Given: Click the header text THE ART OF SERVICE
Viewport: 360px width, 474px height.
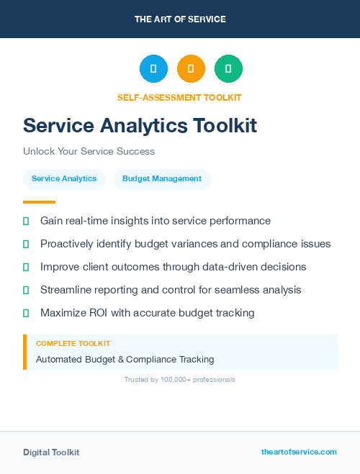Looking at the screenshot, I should click(180, 19).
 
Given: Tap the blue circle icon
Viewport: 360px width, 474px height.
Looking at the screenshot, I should click(153, 69).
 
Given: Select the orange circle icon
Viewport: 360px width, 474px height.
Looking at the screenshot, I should click(191, 69).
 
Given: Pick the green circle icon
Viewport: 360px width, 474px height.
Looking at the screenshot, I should click(228, 69).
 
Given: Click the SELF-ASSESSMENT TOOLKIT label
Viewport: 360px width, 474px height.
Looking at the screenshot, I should click(179, 97).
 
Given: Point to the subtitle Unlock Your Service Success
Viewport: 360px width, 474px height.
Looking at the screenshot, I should click(89, 151).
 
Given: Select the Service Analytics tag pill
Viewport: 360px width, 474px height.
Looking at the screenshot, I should click(64, 179).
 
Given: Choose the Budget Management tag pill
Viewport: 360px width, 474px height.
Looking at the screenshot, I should click(162, 179).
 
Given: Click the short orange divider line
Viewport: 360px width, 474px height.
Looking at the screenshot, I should click(39, 202).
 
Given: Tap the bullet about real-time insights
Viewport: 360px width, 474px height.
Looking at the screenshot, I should click(155, 221).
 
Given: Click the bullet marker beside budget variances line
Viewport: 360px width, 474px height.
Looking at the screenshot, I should click(26, 244).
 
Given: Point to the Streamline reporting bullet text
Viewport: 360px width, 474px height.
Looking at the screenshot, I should click(171, 290).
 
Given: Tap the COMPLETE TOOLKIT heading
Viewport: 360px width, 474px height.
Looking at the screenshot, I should click(73, 344).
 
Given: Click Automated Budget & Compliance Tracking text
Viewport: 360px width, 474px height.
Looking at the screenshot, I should click(125, 359).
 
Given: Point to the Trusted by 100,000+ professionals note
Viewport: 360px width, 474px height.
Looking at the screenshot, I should click(180, 379).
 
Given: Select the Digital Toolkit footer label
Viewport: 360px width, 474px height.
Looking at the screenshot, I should click(51, 452).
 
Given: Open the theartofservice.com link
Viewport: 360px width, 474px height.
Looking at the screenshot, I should click(299, 452).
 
